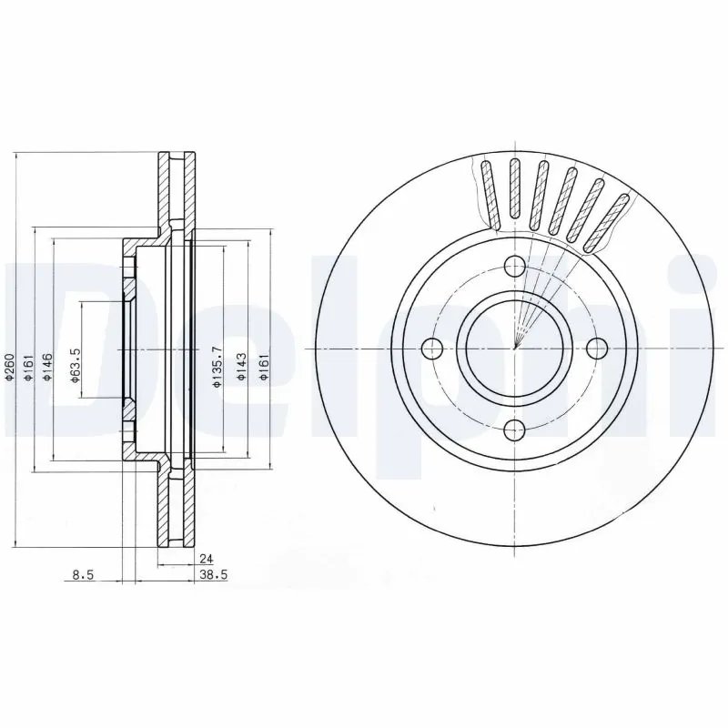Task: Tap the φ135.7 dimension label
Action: (217, 367)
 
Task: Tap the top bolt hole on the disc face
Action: (514, 267)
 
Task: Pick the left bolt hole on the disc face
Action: (432, 348)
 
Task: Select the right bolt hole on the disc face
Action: (596, 348)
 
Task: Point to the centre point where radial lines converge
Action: (514, 348)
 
